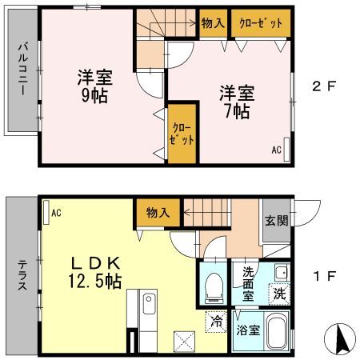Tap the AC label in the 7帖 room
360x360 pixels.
click(x=276, y=150)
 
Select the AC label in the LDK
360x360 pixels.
click(x=56, y=213)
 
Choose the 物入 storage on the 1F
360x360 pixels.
click(x=158, y=213)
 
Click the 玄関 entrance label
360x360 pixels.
click(x=277, y=221)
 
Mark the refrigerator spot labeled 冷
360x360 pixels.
click(x=216, y=322)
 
